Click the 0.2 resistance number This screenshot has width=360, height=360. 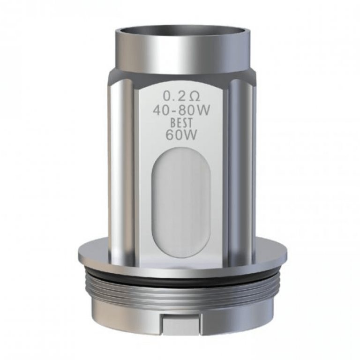point(172,96)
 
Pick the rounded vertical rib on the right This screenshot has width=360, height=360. point(238,169)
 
